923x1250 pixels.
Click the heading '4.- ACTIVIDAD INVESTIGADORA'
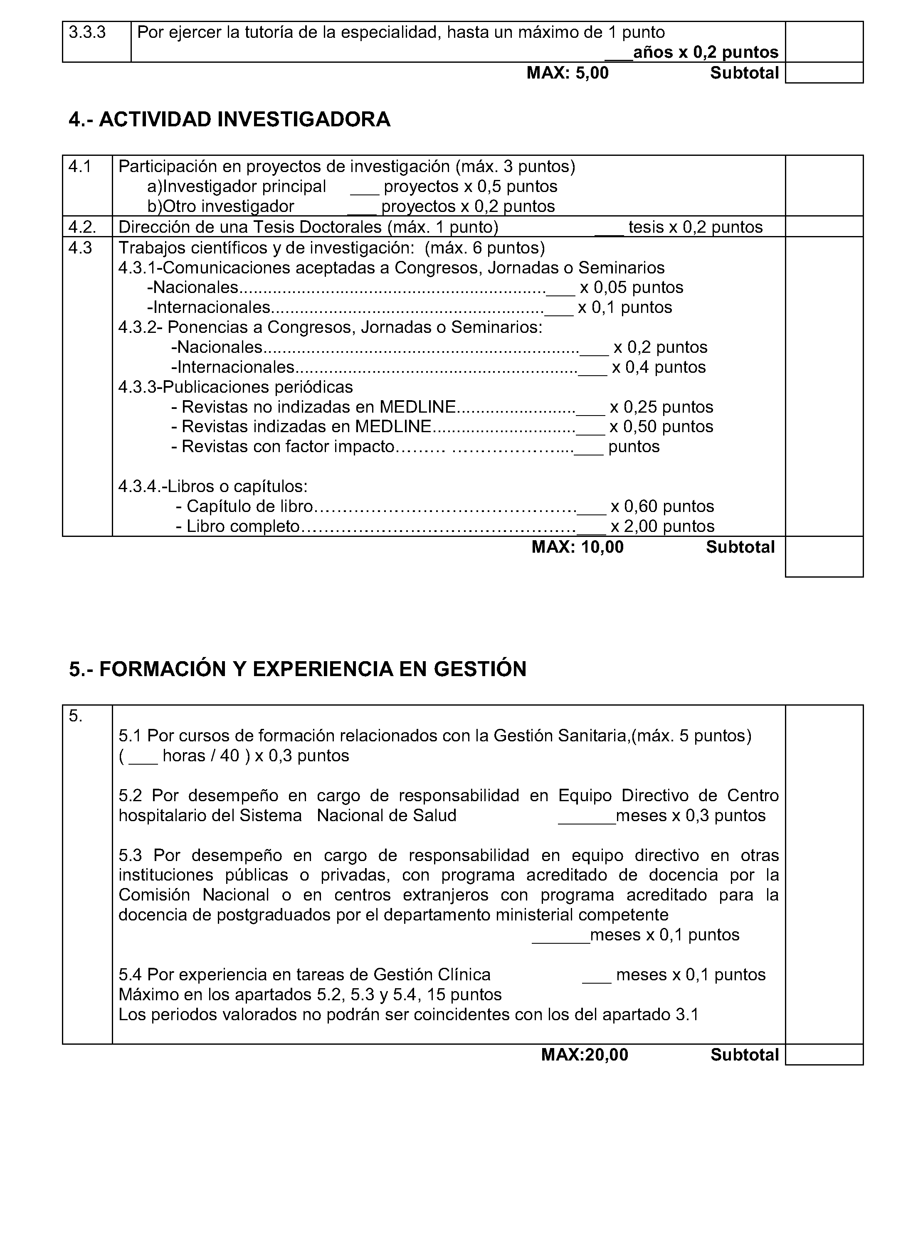[229, 119]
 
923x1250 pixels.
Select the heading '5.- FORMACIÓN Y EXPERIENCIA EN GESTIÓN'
[297, 669]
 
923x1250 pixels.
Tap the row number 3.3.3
[87, 32]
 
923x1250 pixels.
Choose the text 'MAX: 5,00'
[567, 73]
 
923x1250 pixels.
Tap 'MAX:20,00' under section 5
[585, 1055]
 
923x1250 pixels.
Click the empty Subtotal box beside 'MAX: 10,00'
[824, 556]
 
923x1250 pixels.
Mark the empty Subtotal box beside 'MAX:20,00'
[824, 1055]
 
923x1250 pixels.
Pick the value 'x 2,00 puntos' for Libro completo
[662, 526]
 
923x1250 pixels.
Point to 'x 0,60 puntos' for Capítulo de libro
[662, 507]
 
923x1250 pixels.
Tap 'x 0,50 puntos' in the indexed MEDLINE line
[661, 426]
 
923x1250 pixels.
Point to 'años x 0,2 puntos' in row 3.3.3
[705, 52]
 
